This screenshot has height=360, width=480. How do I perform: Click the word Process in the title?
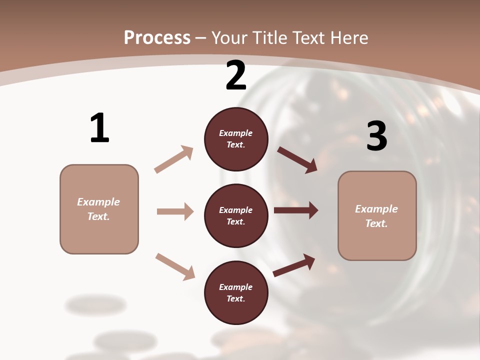click(x=157, y=37)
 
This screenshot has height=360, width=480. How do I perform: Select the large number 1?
click(x=99, y=128)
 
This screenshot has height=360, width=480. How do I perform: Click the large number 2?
click(x=236, y=75)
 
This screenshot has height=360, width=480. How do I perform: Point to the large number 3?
click(x=376, y=135)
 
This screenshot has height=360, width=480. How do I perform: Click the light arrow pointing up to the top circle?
click(x=174, y=159)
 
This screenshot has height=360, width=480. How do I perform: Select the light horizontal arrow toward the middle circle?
click(x=175, y=211)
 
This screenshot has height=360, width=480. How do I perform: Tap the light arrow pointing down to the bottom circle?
click(x=175, y=266)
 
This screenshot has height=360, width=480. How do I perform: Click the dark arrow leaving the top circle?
click(x=297, y=159)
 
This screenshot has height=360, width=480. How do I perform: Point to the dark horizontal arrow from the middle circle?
click(x=296, y=210)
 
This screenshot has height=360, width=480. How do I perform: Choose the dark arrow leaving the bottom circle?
click(x=294, y=265)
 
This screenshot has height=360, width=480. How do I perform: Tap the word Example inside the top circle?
click(x=236, y=133)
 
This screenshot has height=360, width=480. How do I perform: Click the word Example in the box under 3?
click(x=376, y=209)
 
